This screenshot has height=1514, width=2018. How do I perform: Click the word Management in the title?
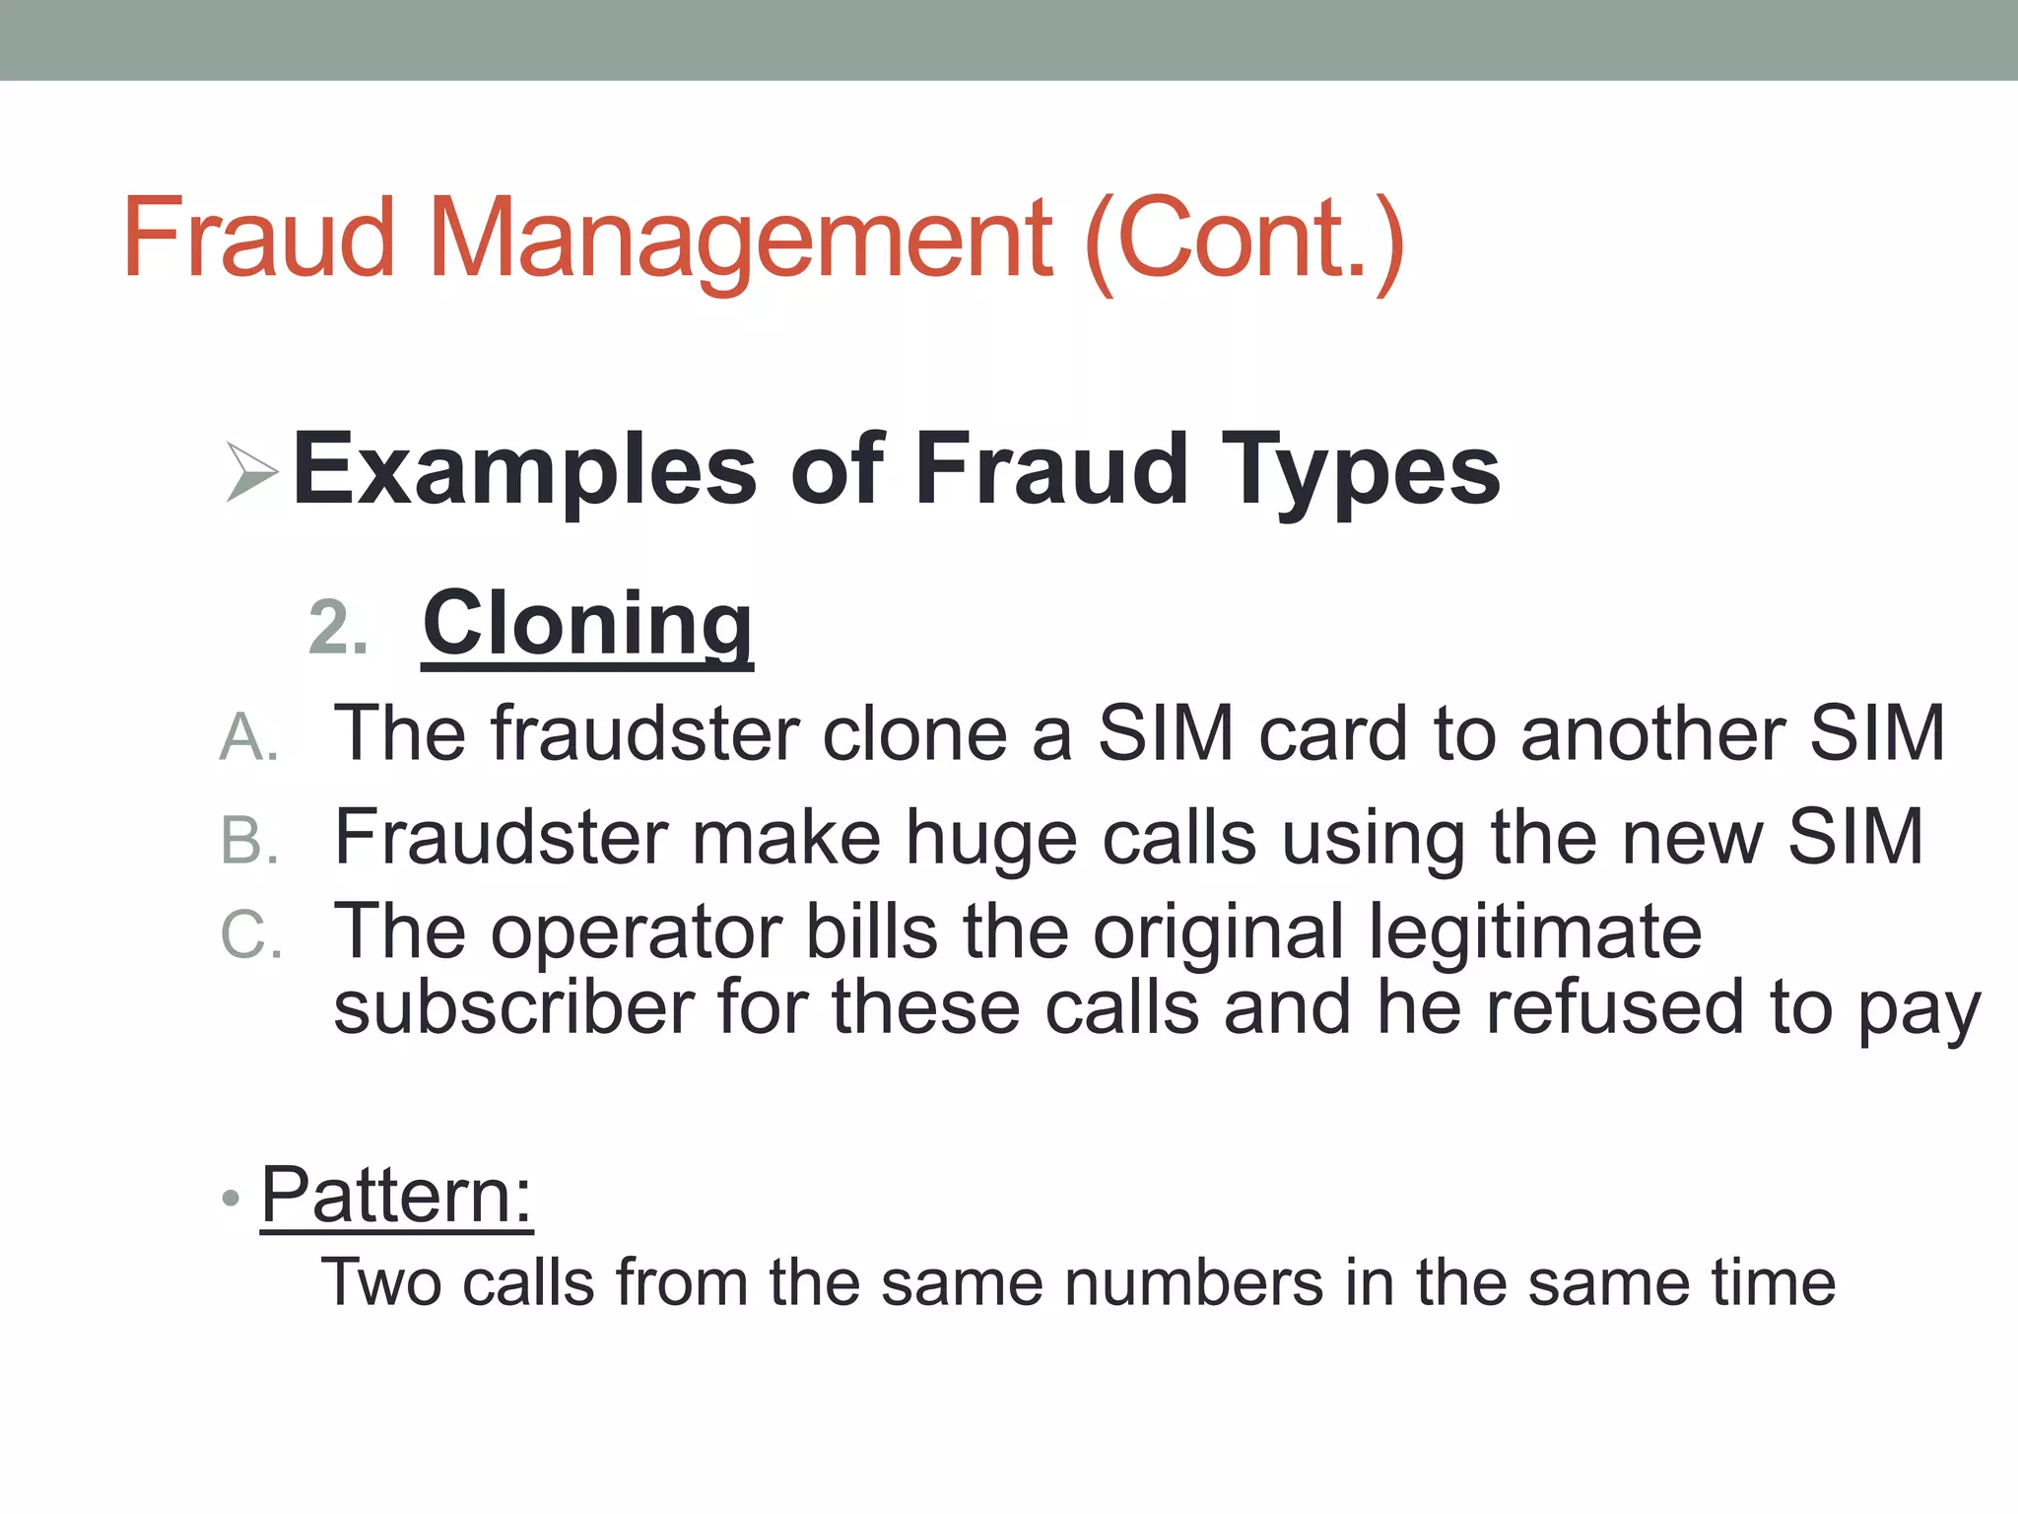740,239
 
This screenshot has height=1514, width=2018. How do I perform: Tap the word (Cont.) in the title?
1244,241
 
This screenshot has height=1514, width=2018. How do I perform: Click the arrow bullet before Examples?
250,471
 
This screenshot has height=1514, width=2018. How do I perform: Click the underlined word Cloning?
587,625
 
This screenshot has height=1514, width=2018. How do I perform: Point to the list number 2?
338,629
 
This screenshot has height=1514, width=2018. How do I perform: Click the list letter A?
248,737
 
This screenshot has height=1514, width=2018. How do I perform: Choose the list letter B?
249,841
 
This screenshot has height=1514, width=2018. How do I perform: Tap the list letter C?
250,934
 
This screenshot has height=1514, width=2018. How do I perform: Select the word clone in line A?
914,733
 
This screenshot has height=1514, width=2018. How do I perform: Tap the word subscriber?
513,1007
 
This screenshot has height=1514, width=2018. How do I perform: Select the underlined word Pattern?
396,1196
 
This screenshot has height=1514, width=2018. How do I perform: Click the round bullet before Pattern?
231,1199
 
